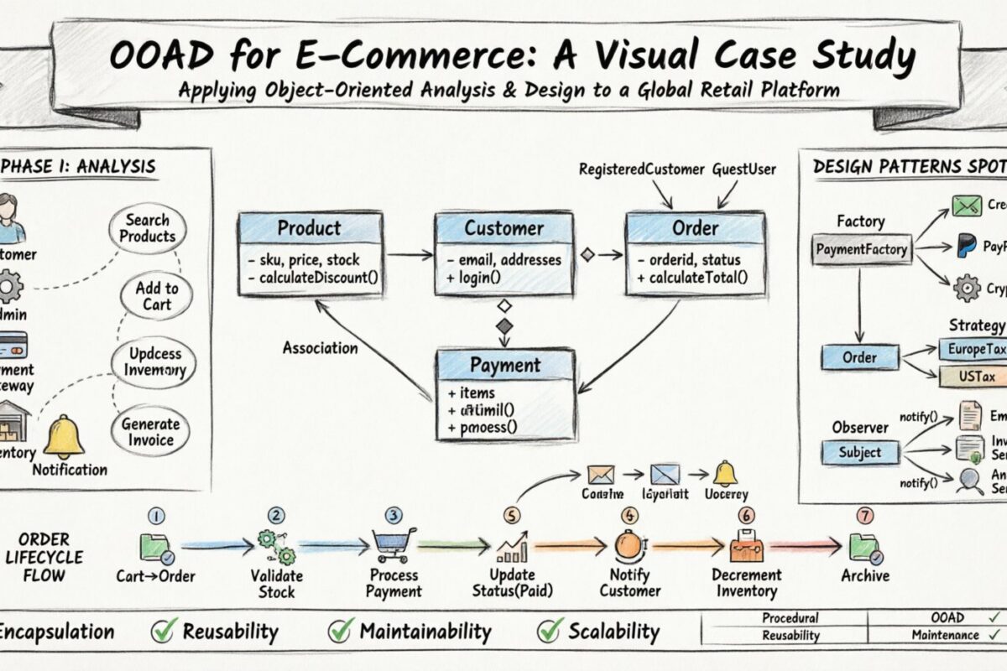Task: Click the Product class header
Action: [310, 227]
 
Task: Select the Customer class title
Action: [503, 228]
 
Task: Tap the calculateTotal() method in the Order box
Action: [691, 278]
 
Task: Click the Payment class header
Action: [505, 366]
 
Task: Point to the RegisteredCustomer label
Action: [642, 169]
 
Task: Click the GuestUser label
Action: [744, 169]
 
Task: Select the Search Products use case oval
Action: [148, 228]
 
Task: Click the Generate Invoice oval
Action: [151, 432]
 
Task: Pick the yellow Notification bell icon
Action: [64, 437]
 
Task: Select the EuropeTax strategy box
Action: [972, 349]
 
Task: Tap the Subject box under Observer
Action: [859, 452]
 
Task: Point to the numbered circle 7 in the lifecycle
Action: [865, 516]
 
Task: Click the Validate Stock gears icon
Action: [277, 546]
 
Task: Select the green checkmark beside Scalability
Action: [550, 630]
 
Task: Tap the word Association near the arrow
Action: [320, 347]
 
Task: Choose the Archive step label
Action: [865, 576]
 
